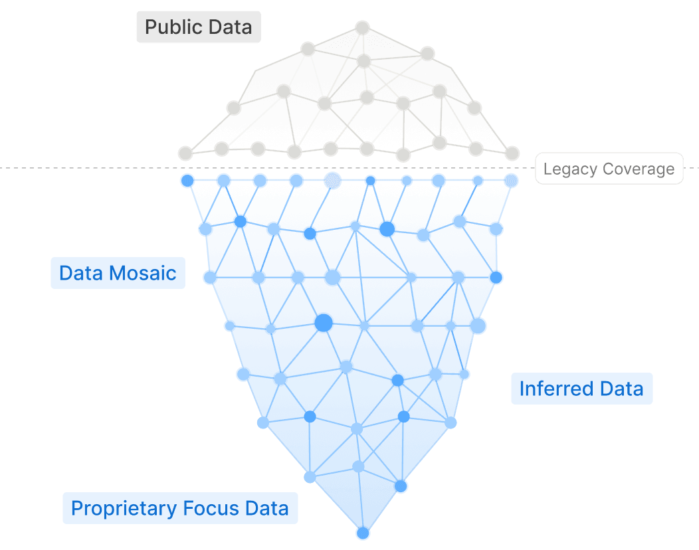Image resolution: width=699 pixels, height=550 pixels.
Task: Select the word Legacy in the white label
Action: click(x=565, y=169)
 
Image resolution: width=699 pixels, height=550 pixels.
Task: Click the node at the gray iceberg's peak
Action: click(x=362, y=27)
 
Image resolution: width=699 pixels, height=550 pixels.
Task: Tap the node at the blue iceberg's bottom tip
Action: click(x=362, y=533)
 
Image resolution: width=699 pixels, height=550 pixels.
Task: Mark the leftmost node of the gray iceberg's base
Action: click(x=185, y=153)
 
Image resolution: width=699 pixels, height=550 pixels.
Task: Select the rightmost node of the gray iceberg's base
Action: click(x=512, y=153)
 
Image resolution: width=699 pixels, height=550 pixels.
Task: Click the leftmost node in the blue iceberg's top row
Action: click(x=187, y=181)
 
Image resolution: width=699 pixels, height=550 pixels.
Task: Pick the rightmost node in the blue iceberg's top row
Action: click(x=511, y=181)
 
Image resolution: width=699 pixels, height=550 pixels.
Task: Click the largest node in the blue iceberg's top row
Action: click(x=332, y=180)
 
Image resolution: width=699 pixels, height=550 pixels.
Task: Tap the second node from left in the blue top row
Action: click(x=224, y=181)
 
